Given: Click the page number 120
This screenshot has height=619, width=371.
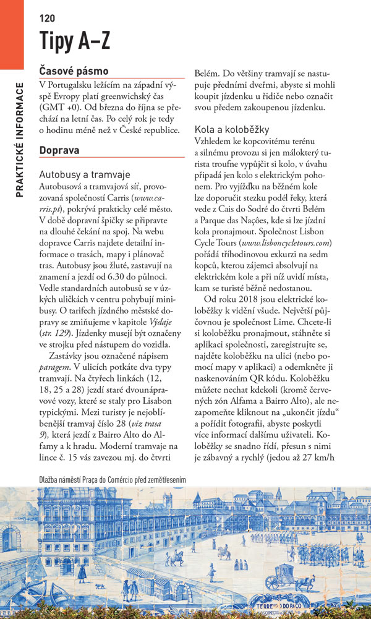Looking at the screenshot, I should (47, 18).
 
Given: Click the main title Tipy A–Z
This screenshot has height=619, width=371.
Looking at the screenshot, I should (75, 40).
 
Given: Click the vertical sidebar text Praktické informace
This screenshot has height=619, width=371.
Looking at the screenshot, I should (20, 139).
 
